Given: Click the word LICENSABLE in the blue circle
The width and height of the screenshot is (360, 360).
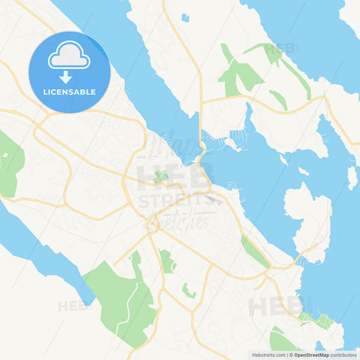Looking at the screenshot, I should [70, 91].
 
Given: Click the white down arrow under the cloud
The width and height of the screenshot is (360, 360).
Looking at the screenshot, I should [66, 76].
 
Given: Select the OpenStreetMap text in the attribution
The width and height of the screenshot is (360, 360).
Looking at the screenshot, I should [311, 355].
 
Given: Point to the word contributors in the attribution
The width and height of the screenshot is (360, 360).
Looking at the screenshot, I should [344, 355].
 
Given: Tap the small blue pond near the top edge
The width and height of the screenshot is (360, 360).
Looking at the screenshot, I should [185, 18].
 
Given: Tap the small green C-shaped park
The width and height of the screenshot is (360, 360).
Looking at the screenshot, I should [188, 291].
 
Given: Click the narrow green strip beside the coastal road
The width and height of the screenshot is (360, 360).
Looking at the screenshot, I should [255, 251].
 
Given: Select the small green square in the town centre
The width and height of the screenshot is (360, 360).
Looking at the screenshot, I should [161, 177].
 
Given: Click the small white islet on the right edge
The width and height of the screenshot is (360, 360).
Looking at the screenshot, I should [352, 177].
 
